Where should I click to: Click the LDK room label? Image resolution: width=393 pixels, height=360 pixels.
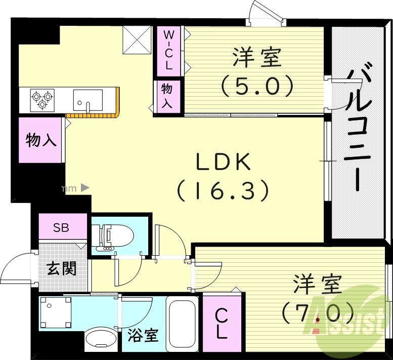[223, 163]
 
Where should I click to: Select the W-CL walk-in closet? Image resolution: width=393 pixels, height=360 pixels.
[169, 50]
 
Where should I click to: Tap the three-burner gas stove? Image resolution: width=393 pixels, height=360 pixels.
[42, 99]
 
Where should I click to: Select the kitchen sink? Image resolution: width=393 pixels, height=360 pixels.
[88, 100]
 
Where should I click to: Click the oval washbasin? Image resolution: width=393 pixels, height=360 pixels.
[99, 341]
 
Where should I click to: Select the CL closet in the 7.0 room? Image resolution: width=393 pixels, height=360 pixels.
[221, 325]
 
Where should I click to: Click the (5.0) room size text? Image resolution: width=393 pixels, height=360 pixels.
[256, 86]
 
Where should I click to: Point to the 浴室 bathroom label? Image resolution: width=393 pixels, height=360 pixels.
[143, 335]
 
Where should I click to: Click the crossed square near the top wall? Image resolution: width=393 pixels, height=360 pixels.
[138, 41]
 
